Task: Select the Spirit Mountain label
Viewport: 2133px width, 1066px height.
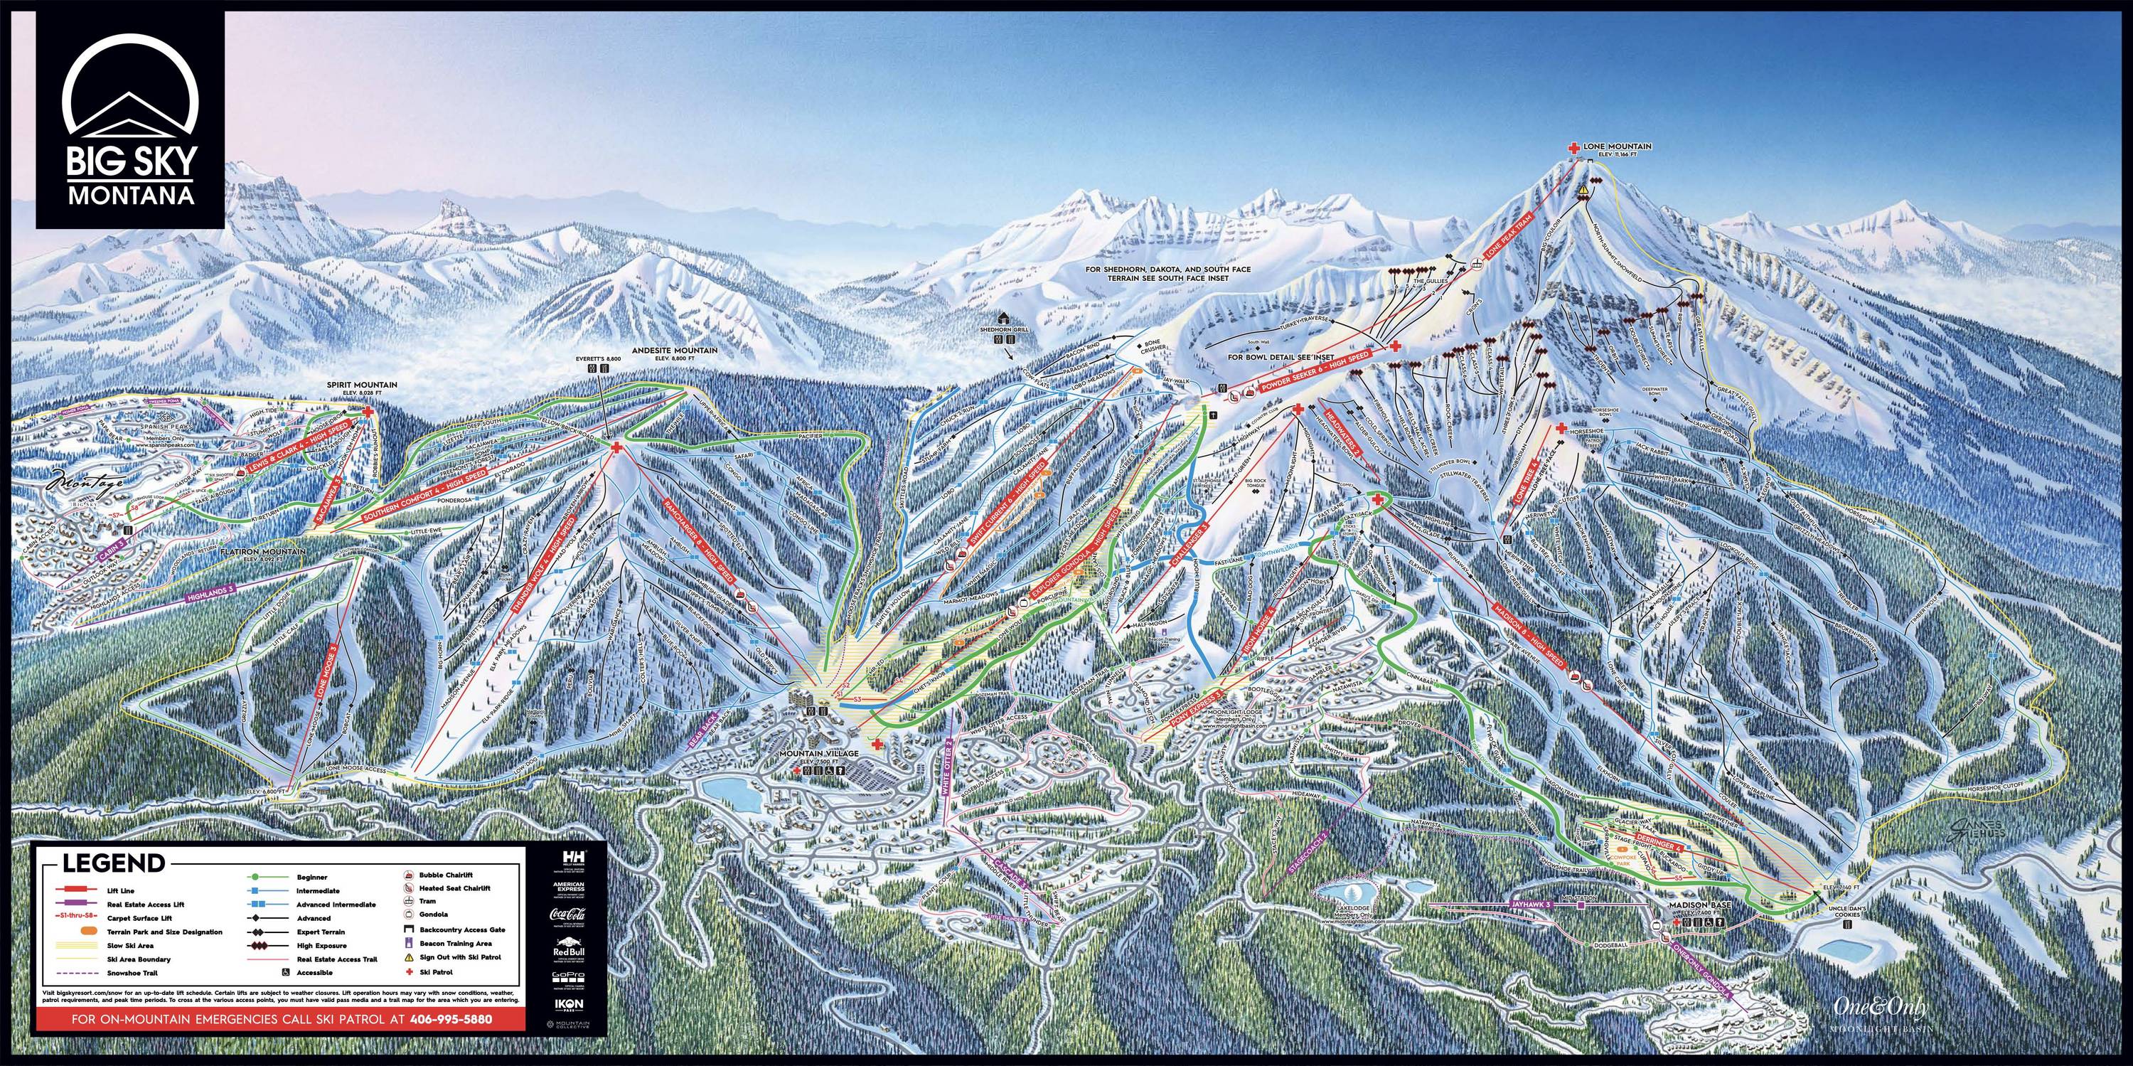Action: [364, 385]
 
